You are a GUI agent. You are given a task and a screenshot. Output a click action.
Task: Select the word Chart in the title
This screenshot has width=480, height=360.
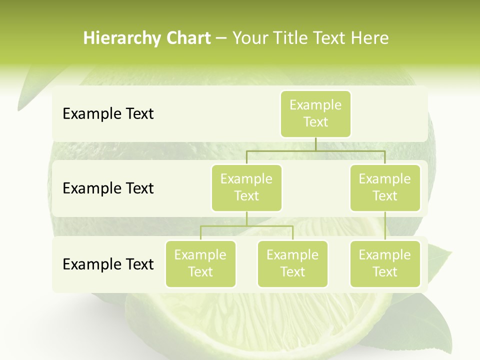click(x=186, y=38)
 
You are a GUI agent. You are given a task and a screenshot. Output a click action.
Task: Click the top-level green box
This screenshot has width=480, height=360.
click(x=315, y=114)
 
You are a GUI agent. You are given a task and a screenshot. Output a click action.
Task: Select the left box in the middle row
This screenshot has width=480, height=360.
click(x=246, y=188)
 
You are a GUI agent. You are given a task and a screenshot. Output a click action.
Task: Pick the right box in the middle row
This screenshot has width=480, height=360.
click(x=385, y=188)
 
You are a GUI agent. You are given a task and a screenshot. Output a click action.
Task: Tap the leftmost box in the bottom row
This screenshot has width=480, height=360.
click(x=200, y=264)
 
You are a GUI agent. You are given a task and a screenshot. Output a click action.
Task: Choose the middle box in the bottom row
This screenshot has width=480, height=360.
click(x=292, y=264)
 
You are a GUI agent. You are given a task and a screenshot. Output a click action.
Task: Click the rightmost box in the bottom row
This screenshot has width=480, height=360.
click(x=385, y=264)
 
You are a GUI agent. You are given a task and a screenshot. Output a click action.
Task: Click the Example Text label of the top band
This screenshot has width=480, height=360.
click(x=108, y=114)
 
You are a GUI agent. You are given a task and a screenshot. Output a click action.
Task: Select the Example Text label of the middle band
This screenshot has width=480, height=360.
click(x=108, y=188)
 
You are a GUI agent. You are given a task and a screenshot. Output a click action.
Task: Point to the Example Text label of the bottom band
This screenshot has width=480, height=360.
click(x=108, y=264)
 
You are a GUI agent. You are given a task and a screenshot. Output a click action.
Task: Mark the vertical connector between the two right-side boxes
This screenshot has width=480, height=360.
click(x=385, y=226)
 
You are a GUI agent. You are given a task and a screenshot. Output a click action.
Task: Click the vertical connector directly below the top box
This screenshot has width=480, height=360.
click(x=315, y=144)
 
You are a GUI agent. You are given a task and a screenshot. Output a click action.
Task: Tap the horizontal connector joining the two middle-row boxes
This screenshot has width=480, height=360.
click(x=315, y=150)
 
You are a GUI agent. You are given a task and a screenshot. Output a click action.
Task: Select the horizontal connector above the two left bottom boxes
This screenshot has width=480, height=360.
click(x=246, y=226)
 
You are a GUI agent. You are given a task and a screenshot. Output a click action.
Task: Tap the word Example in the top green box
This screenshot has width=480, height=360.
click(x=315, y=105)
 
